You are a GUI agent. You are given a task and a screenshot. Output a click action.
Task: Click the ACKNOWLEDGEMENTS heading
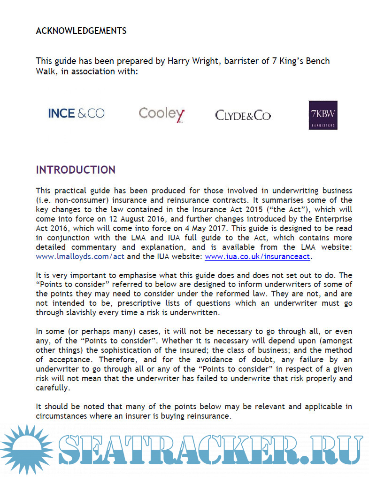(81, 31)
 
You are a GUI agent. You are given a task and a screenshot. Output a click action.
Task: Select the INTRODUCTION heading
(76, 170)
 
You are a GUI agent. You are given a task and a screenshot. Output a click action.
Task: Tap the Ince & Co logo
(77, 113)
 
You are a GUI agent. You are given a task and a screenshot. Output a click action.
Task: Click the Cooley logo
(161, 114)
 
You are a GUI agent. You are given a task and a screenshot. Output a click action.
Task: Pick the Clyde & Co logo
(243, 115)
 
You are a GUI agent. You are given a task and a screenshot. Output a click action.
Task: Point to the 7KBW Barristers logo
(323, 115)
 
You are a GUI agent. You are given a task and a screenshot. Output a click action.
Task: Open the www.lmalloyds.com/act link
(81, 257)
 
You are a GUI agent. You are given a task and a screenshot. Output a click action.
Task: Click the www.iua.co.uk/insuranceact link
(258, 257)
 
